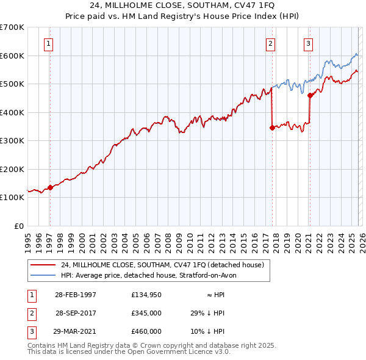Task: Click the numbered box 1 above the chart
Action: pos(48,43)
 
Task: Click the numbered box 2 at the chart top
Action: pos(270,43)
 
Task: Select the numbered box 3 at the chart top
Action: pos(309,43)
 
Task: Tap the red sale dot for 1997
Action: pos(50,187)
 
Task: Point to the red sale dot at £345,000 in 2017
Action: pos(272,128)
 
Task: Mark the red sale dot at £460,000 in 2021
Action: pos(310,95)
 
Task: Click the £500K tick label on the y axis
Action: pos(12,84)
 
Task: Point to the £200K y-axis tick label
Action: pos(12,169)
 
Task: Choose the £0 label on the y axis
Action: pos(18,226)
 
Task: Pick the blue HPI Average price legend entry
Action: pos(152,275)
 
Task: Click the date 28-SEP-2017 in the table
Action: pos(76,312)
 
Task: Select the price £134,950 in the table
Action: pos(146,294)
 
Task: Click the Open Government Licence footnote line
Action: pos(129,352)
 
